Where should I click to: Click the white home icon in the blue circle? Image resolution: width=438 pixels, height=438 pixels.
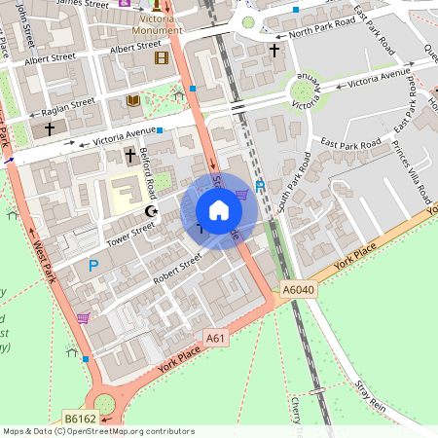[219, 211]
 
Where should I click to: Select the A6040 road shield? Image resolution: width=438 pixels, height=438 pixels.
[299, 290]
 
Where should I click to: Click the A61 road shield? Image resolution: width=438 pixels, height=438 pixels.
[216, 338]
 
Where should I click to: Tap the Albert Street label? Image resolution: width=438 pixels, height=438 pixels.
[135, 47]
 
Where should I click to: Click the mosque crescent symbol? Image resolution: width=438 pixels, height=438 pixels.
[150, 210]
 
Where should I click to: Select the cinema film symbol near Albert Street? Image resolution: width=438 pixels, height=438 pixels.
[161, 57]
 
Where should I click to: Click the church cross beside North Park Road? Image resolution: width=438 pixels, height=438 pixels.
[274, 50]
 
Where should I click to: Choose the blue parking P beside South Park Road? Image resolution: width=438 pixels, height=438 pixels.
[259, 186]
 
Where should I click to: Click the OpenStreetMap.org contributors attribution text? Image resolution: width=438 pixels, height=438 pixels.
[131, 431]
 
